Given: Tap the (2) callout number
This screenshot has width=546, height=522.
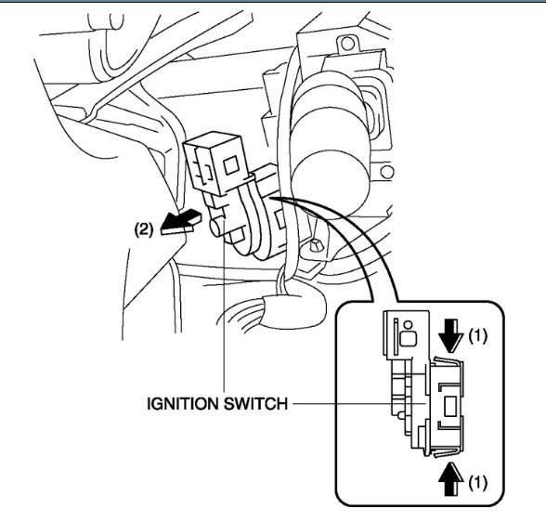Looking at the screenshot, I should pyautogui.click(x=144, y=227).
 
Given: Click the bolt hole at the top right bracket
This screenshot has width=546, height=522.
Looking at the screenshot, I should pyautogui.click(x=349, y=44).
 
